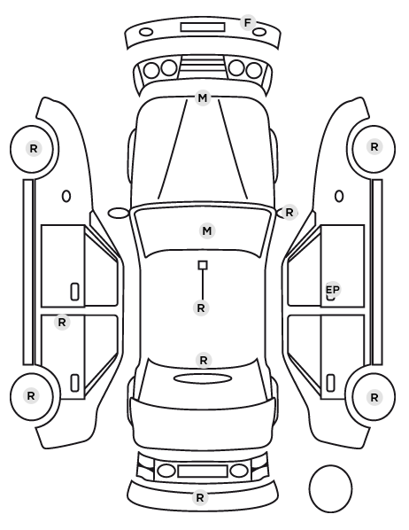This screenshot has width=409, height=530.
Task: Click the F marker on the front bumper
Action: [248, 23]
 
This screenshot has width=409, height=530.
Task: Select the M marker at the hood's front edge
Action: [203, 98]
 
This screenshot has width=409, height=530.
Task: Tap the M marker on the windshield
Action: [207, 230]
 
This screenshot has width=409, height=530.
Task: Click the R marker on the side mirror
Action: [289, 213]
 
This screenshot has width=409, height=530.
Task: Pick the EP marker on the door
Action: [333, 290]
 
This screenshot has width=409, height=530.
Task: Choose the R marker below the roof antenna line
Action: [201, 308]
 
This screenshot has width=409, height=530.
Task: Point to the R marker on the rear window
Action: [204, 361]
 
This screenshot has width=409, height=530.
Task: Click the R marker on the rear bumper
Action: [200, 497]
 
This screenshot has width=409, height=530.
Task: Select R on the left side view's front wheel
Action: [34, 148]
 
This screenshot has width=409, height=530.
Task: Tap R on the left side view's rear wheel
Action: [31, 396]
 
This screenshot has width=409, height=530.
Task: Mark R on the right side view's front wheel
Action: [374, 147]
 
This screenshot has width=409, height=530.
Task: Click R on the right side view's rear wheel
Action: [374, 398]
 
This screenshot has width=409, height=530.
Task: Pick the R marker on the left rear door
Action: [62, 322]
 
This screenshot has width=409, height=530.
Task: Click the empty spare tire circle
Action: [330, 488]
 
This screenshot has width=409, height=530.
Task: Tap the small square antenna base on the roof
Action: [203, 265]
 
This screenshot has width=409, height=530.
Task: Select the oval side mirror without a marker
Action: [119, 214]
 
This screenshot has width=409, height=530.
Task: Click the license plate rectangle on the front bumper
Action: [203, 27]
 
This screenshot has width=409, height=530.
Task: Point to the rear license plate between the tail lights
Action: [203, 471]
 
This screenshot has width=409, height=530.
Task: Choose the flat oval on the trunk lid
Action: [203, 378]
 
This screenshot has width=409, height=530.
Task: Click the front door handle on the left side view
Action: [75, 292]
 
